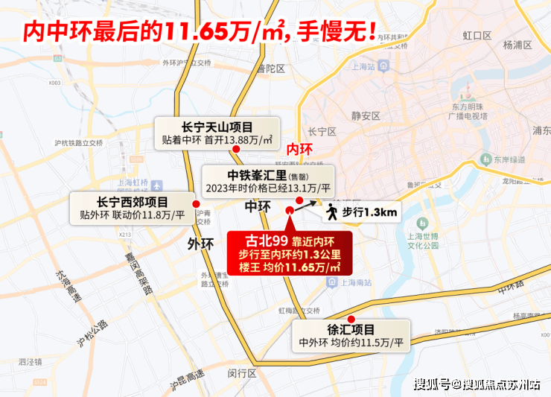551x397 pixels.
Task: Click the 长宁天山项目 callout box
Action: (x=217, y=132)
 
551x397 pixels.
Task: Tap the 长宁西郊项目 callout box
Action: (x=133, y=208)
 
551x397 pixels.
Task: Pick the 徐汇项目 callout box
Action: (x=352, y=335)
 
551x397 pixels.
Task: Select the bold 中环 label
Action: (x=258, y=206)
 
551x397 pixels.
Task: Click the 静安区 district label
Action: (x=366, y=115)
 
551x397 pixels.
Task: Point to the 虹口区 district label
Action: (x=477, y=35)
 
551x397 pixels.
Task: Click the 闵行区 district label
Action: (x=243, y=372)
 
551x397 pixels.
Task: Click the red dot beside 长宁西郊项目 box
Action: (x=195, y=203)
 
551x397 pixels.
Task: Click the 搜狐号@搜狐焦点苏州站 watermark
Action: (x=477, y=384)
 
